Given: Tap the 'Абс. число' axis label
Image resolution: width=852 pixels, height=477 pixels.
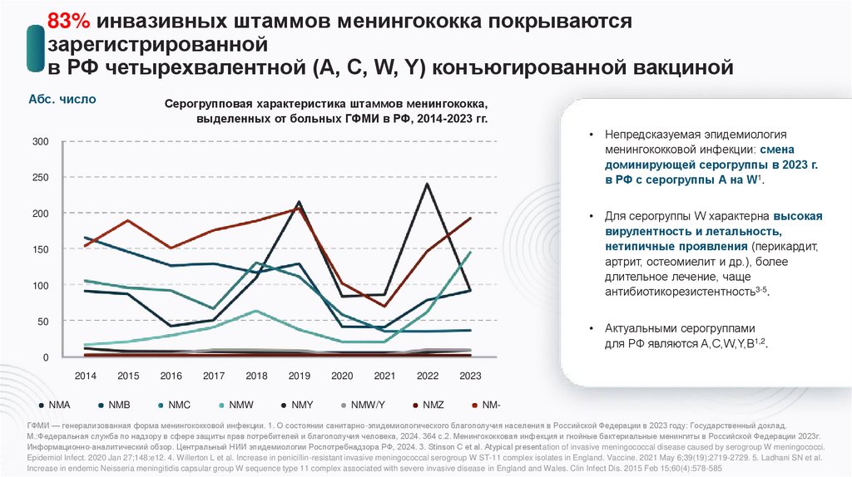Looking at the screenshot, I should pos(62,100).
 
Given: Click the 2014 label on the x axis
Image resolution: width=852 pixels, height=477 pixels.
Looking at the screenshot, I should pos(86,376).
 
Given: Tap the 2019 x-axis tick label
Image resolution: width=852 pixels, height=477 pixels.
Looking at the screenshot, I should pos(300,376).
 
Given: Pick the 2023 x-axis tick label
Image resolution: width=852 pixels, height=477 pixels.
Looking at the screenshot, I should pos(471,376).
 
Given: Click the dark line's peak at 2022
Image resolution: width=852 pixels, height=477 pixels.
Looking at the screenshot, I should pos(428,184).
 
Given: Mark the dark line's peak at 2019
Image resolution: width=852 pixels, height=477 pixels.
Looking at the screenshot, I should pos(300,202).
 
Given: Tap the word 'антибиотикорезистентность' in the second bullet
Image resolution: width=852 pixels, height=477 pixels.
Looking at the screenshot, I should pos(670,292).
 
